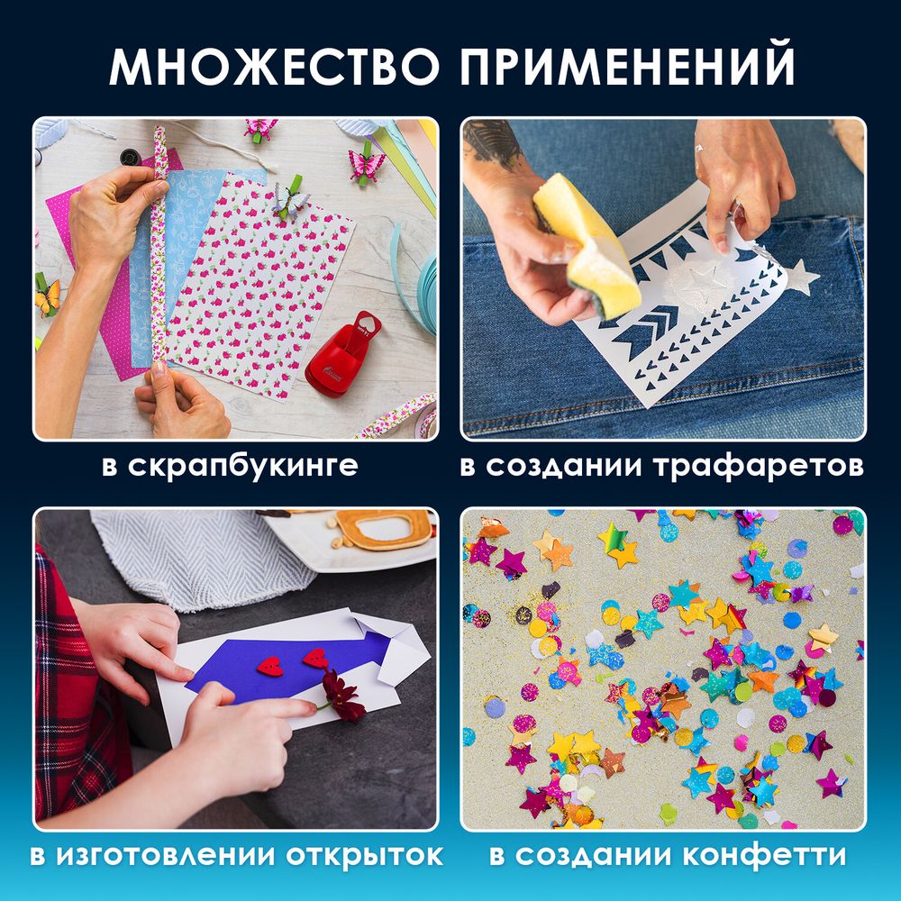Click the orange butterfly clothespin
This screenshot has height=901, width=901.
pyautogui.click(x=47, y=297)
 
